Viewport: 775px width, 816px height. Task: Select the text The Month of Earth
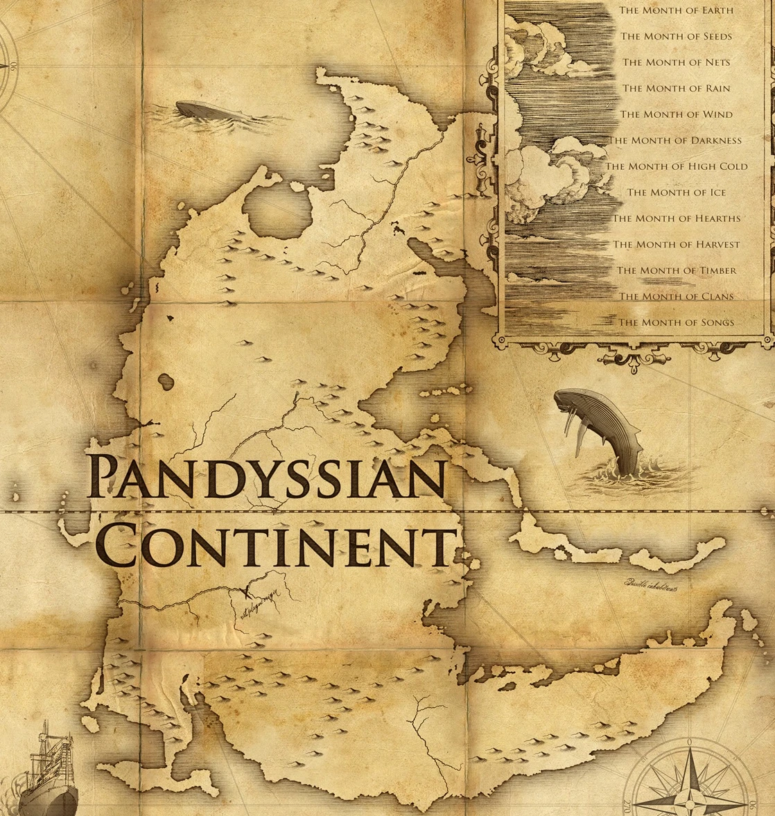[675, 10]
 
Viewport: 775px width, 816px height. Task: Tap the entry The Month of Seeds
[676, 36]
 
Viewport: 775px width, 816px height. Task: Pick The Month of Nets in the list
[676, 62]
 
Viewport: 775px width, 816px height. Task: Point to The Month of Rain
[676, 88]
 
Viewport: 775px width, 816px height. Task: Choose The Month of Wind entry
[676, 114]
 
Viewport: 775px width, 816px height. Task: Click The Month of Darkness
[675, 140]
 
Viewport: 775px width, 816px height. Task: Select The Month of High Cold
[677, 166]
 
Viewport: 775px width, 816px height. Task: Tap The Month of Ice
[676, 192]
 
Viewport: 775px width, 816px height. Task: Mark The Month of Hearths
[676, 218]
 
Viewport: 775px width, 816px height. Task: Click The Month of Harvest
[676, 244]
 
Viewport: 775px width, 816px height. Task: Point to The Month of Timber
[677, 270]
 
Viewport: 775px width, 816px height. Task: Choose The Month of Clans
[676, 296]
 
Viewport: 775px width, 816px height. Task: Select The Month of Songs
[676, 322]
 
